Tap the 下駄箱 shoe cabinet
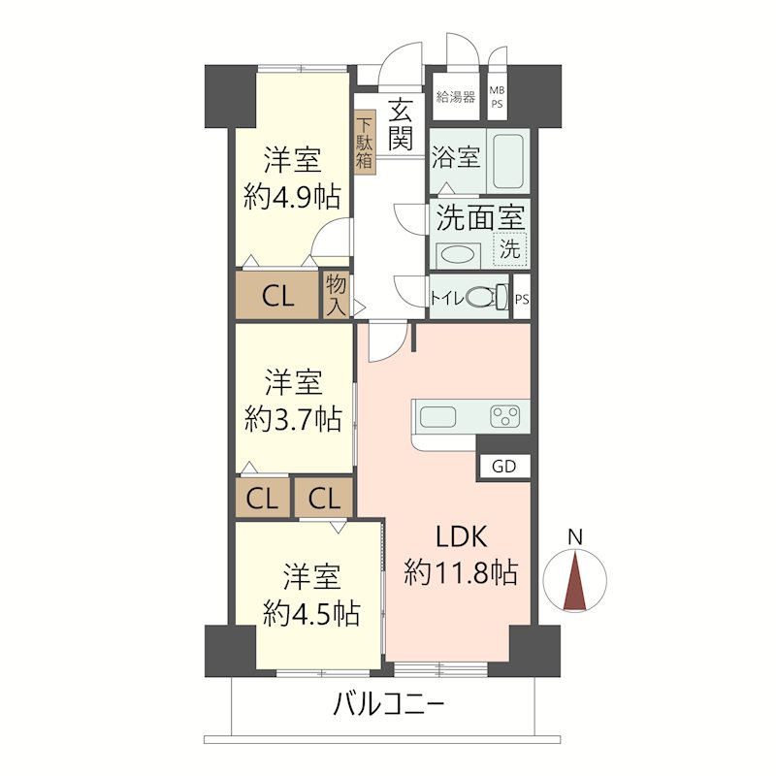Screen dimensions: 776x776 pos(364,144)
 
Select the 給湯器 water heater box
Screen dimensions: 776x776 pos(455,96)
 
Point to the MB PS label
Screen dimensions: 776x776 pos(497,96)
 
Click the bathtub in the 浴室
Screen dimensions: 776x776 pos(508,161)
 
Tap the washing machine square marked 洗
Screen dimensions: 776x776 pos(509,247)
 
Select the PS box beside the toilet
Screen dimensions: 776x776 pos(522,299)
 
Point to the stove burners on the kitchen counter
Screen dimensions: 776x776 pos(504,418)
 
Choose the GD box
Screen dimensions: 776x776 pos(504,466)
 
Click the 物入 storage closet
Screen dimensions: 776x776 pos(336,295)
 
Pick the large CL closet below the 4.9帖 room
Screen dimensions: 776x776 pos(278,296)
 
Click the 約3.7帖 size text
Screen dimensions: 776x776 pos(293,420)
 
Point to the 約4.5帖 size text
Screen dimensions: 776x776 pos(311,613)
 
